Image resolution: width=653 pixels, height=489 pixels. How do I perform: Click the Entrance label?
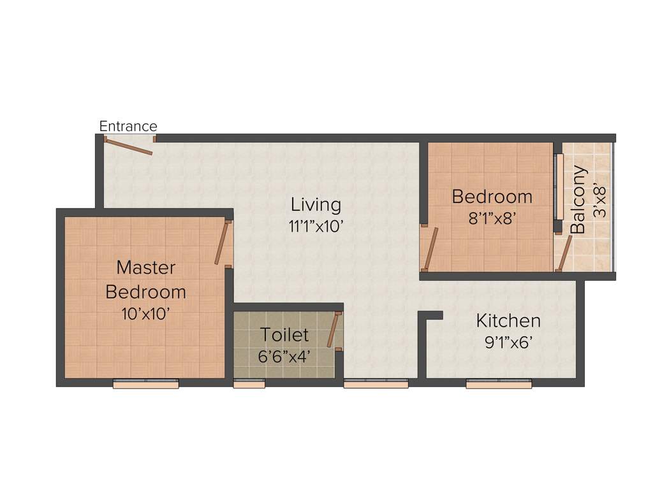128,126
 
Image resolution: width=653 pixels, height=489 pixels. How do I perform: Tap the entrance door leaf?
129,146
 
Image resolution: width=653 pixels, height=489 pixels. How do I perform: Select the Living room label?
316,205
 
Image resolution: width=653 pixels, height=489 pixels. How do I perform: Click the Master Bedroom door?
221,243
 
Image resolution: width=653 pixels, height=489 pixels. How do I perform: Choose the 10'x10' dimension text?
145,313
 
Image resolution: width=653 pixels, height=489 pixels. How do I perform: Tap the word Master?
145,267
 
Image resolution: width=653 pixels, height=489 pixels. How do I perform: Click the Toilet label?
284,334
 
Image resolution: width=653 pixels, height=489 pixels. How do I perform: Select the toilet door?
333,330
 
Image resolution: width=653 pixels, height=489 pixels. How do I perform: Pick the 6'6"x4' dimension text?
284,355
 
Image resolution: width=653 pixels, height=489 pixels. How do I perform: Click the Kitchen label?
508,320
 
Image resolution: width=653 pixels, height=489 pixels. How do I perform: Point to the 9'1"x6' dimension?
508,342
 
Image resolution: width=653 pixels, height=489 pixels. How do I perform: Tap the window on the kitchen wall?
499,383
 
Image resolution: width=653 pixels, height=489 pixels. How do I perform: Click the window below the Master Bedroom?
145,383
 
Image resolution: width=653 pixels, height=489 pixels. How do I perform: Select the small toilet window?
249,383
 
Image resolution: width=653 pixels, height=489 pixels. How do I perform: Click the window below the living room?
376,383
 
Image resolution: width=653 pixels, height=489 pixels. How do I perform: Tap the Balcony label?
578,199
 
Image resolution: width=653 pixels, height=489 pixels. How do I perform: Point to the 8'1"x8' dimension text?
492,218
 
